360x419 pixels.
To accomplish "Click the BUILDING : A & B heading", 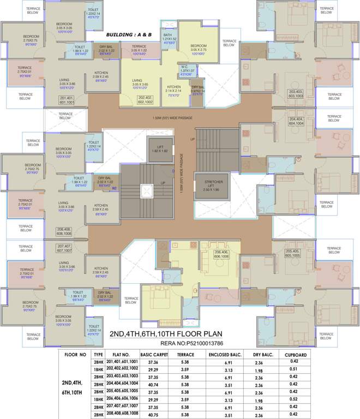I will pyautogui.click(x=130, y=34).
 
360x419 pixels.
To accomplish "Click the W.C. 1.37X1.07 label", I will pyautogui.click(x=187, y=71).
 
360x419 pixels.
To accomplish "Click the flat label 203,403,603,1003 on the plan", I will pyautogui.click(x=296, y=93).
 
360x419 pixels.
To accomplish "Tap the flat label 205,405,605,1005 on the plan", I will pyautogui.click(x=296, y=253).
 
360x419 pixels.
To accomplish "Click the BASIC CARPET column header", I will pyautogui.click(x=153, y=354).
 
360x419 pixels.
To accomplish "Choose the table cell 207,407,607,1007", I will pyautogui.click(x=122, y=406).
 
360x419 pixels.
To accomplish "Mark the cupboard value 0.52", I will pyautogui.click(x=294, y=398).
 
